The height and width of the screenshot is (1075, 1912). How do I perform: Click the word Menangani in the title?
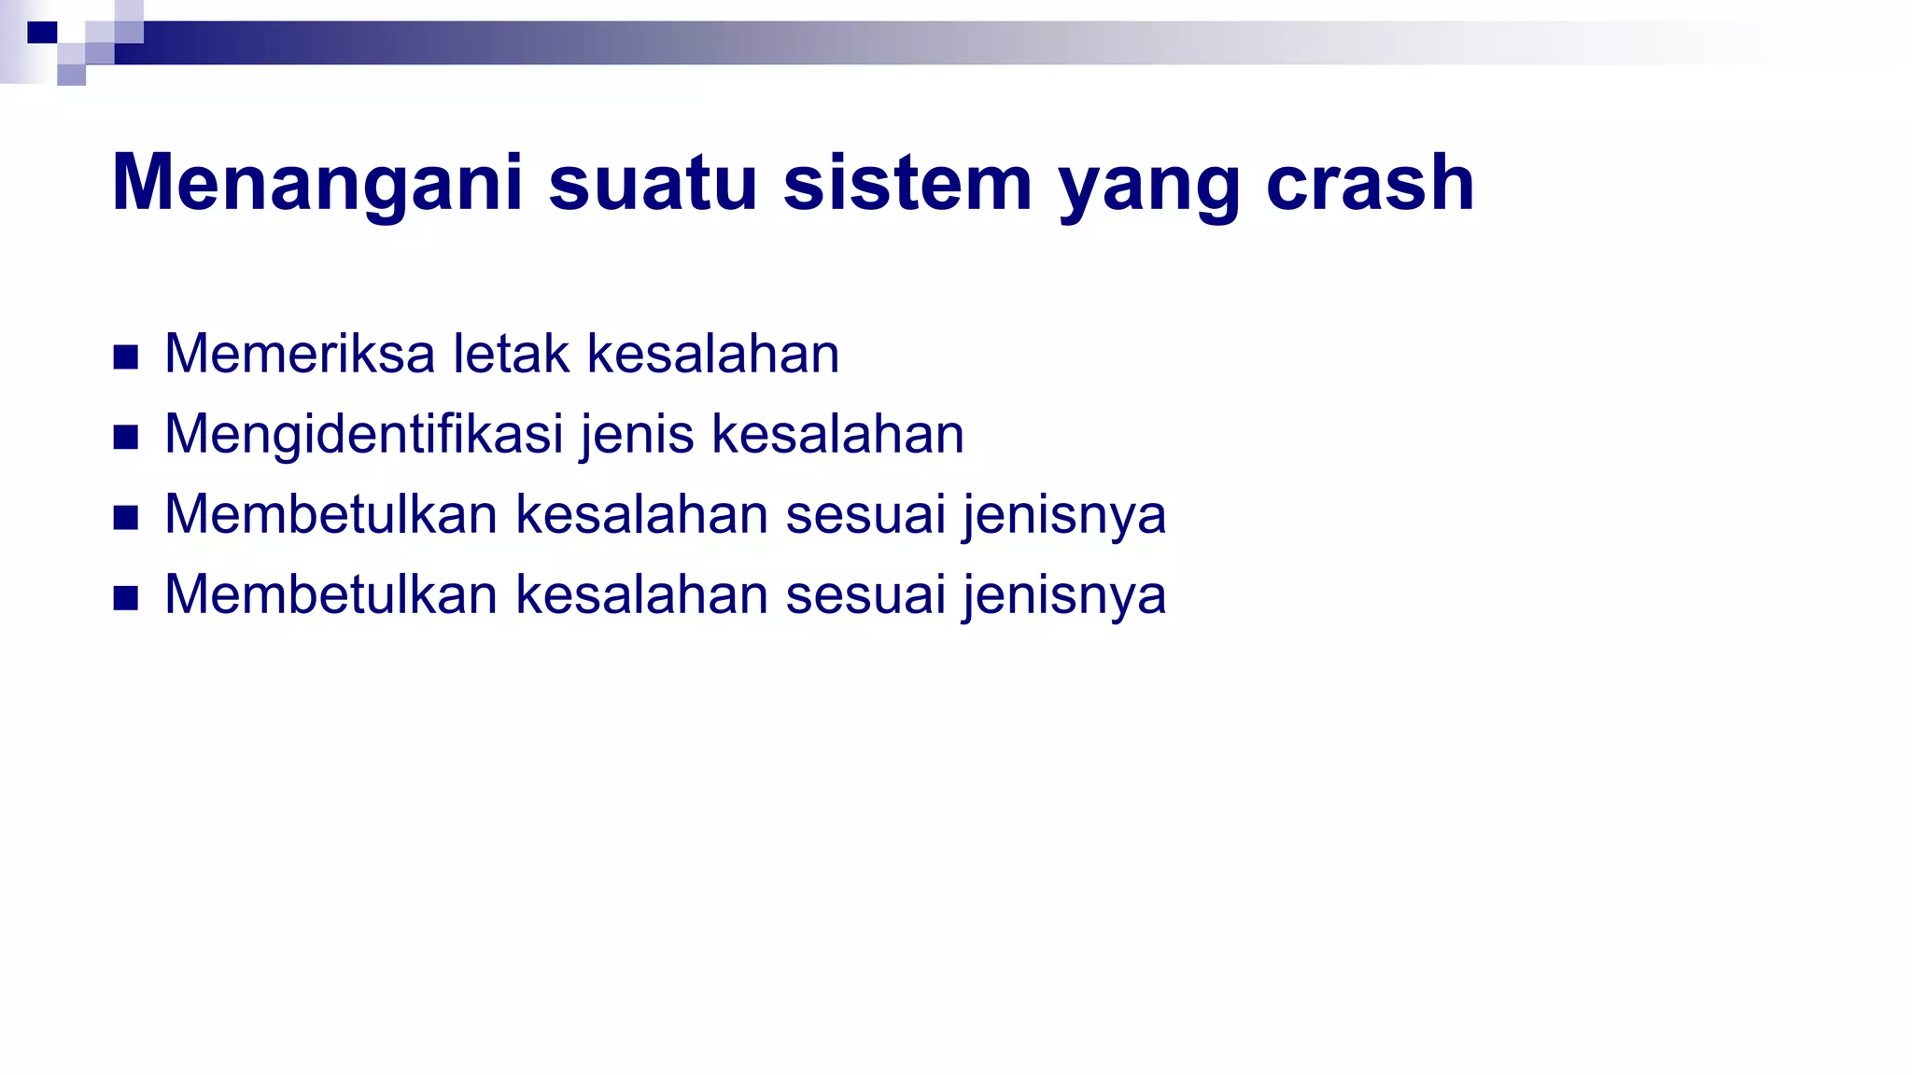click(317, 184)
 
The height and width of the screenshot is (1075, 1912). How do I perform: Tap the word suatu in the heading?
click(653, 184)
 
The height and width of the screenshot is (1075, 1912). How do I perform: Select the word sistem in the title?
click(907, 184)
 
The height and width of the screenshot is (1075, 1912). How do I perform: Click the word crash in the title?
click(1370, 184)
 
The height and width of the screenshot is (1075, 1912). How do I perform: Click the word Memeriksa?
click(300, 354)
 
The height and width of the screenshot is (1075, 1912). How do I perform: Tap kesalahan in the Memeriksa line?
click(713, 354)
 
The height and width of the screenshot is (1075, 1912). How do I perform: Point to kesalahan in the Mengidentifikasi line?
click(837, 435)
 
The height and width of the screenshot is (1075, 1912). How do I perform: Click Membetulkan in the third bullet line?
click(330, 514)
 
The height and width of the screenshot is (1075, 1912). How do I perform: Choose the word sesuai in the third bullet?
click(865, 514)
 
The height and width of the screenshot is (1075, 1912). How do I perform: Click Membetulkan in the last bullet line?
click(330, 594)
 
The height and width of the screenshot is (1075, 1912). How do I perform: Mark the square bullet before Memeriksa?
click(126, 357)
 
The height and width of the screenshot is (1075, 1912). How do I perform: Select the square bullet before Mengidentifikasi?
click(126, 438)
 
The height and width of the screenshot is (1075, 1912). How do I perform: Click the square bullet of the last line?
click(126, 598)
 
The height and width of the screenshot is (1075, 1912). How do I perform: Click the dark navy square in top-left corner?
click(42, 33)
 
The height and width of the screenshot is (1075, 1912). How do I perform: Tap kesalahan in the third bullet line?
click(641, 514)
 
